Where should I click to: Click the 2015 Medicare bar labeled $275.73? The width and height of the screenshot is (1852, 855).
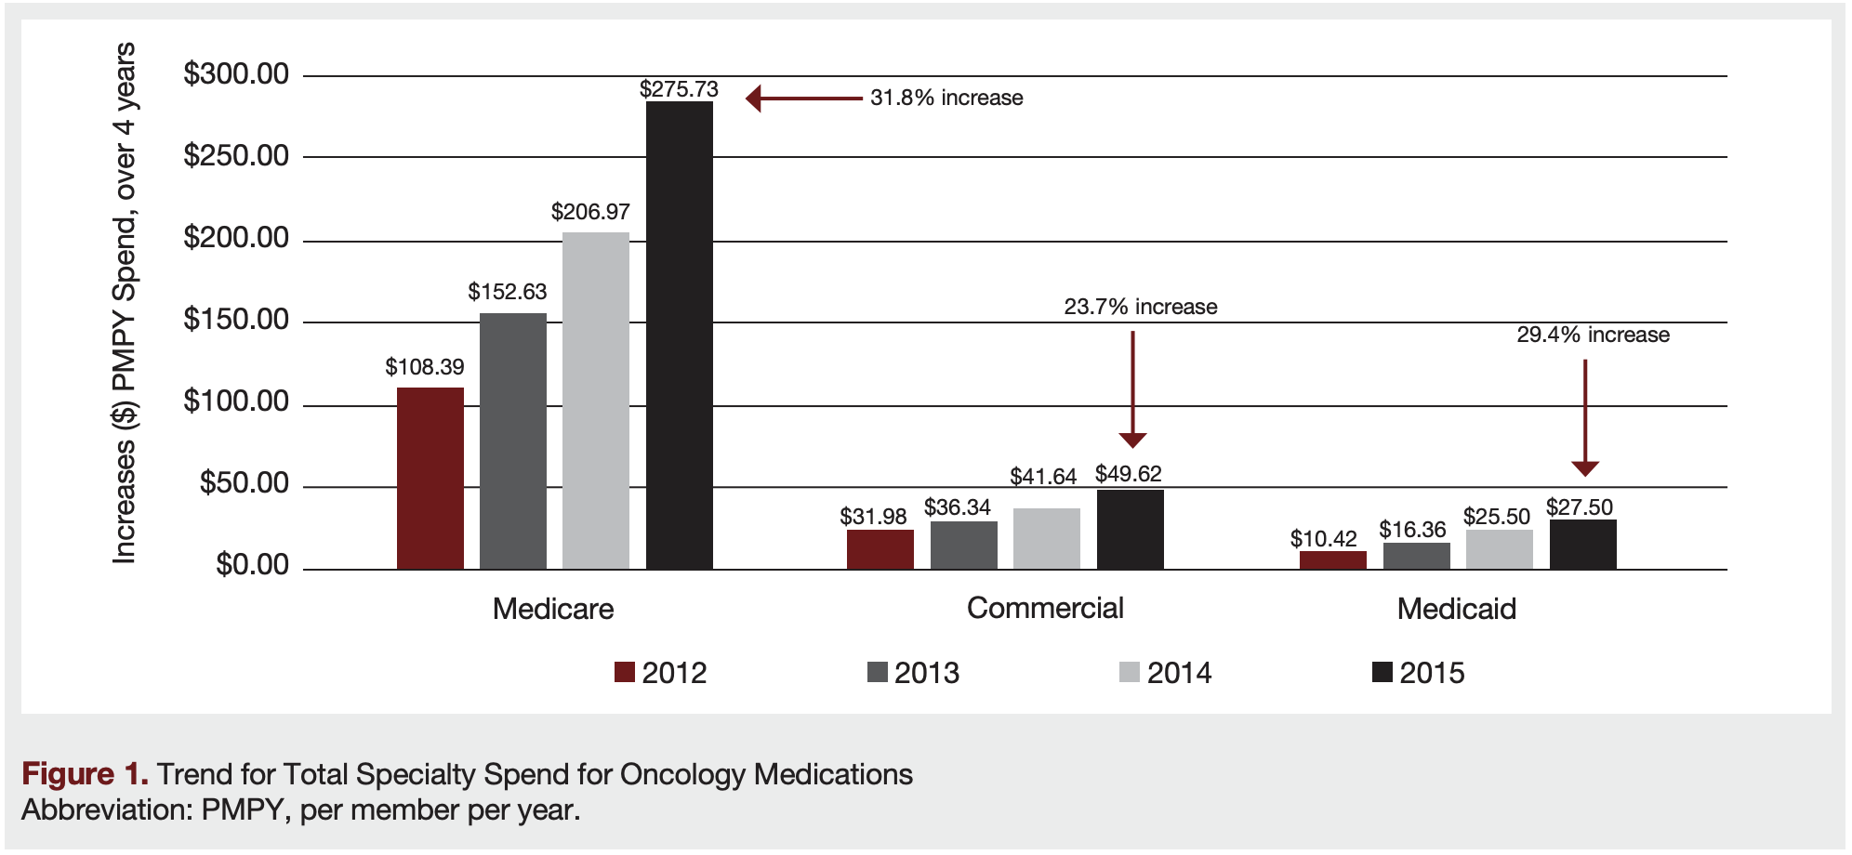679,335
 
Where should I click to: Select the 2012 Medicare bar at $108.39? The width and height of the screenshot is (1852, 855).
430,478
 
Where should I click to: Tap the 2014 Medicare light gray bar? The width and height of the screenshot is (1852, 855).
595,400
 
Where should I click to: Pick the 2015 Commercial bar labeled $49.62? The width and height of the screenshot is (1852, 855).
1130,529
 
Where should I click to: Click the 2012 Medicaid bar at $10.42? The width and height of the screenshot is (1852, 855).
1332,560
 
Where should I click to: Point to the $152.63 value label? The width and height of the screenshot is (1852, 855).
507,292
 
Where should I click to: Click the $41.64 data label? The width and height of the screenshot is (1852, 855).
1043,477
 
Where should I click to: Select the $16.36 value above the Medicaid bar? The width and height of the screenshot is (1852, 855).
1412,530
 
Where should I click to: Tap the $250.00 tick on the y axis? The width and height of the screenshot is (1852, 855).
236,155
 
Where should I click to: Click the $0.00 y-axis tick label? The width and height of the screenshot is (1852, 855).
252,565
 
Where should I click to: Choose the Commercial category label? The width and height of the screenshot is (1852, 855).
1045,608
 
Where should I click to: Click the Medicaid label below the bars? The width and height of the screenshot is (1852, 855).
1456,609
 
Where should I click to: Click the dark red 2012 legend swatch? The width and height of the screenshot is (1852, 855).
625,672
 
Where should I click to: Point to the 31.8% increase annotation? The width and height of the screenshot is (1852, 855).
946,98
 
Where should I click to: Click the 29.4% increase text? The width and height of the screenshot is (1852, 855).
1593,335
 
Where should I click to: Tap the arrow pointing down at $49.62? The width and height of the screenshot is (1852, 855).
1132,390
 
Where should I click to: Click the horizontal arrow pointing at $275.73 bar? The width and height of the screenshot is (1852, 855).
804,98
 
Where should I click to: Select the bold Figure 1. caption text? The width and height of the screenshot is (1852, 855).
85,774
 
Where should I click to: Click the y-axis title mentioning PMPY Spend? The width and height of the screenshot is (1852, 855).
124,302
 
